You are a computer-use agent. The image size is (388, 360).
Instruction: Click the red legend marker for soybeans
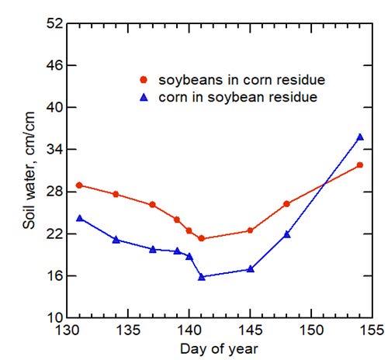click(x=143, y=80)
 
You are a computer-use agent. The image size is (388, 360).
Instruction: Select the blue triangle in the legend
click(x=143, y=97)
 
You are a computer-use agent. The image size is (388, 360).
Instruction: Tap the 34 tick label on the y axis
click(x=54, y=150)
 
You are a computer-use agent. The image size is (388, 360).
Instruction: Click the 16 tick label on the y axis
click(x=54, y=276)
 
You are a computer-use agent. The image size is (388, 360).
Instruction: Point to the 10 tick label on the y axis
click(x=54, y=318)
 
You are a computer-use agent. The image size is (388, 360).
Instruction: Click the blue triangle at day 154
click(x=360, y=137)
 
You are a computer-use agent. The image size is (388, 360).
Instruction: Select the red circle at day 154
click(x=360, y=165)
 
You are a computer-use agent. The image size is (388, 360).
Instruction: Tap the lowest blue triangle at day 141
click(x=202, y=277)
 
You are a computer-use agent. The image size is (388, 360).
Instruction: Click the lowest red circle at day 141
click(x=202, y=239)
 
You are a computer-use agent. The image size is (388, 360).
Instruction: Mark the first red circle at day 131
click(x=80, y=185)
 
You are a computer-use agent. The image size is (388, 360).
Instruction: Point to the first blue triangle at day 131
click(x=80, y=219)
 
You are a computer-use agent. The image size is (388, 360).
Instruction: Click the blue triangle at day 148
click(x=287, y=234)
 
